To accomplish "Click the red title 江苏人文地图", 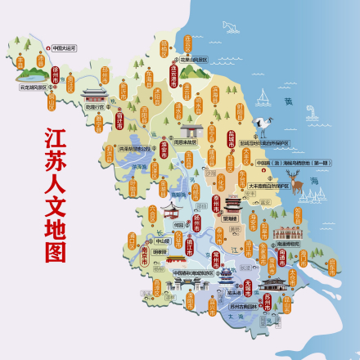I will pos(56,193).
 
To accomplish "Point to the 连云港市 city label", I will pos(173,79).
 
